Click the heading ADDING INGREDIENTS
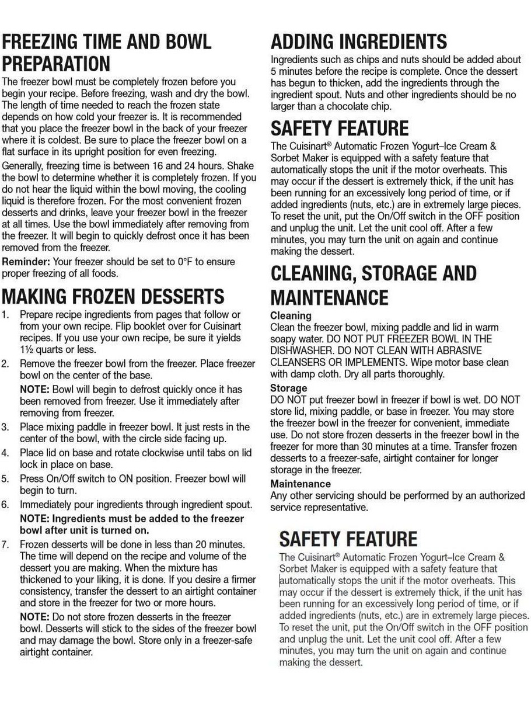359,41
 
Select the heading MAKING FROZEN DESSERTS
113,296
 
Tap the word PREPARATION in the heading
56,63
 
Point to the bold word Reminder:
25,261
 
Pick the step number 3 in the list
5,427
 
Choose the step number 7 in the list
5,544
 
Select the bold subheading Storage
288,388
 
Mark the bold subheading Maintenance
300,484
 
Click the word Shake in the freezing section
242,165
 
